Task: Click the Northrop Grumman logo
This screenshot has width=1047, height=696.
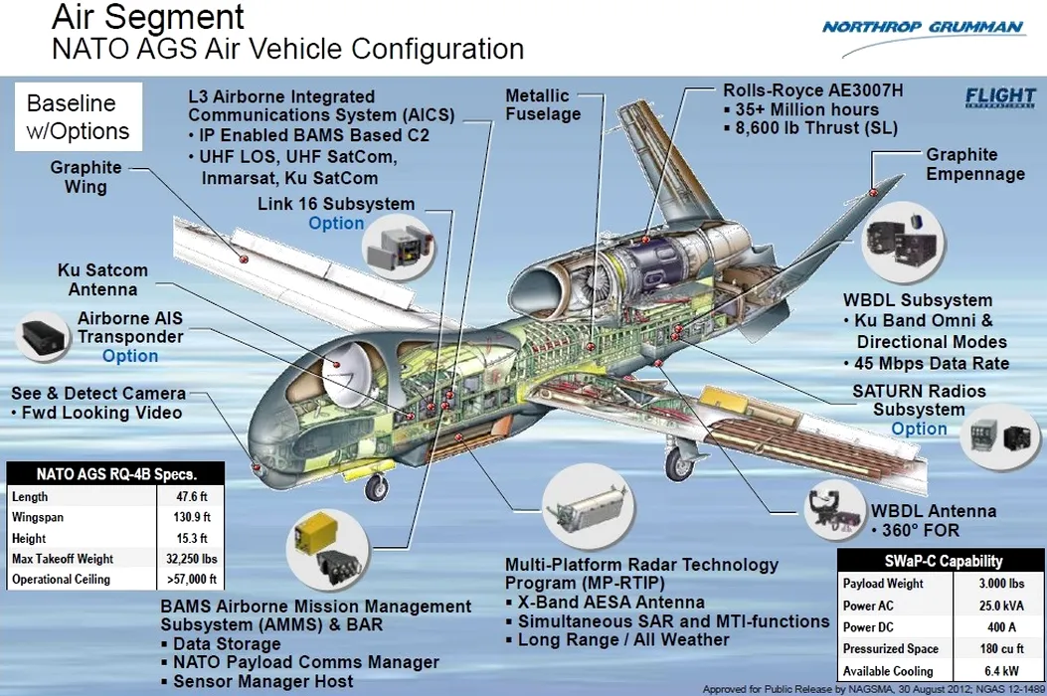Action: pos(922,27)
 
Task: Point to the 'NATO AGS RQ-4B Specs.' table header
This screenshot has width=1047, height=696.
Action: pos(116,473)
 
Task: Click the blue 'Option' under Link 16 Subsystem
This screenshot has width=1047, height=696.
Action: pos(336,224)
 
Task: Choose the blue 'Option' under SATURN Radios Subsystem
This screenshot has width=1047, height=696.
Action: pos(919,429)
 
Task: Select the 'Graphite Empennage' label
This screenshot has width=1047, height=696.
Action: pos(974,164)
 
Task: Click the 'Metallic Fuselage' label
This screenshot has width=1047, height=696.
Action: pos(542,104)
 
